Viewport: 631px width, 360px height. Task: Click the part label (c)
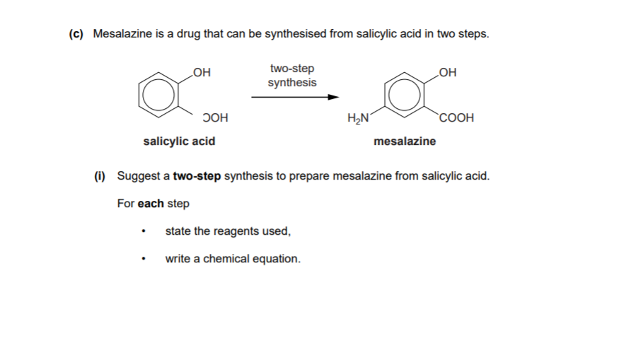[x=78, y=34]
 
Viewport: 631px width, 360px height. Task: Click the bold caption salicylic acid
[x=179, y=141]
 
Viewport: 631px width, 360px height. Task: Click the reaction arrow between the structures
[x=289, y=98]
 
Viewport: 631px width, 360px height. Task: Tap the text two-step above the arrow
[x=292, y=69]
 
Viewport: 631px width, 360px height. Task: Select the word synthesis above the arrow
[x=292, y=83]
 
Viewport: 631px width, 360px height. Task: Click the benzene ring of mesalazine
[x=402, y=94]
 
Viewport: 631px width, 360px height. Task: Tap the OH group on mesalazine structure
[x=448, y=71]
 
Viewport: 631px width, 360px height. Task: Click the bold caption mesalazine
[x=405, y=141]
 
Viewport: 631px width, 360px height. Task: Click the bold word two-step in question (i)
[x=197, y=175]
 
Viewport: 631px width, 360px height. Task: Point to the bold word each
[x=151, y=204]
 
